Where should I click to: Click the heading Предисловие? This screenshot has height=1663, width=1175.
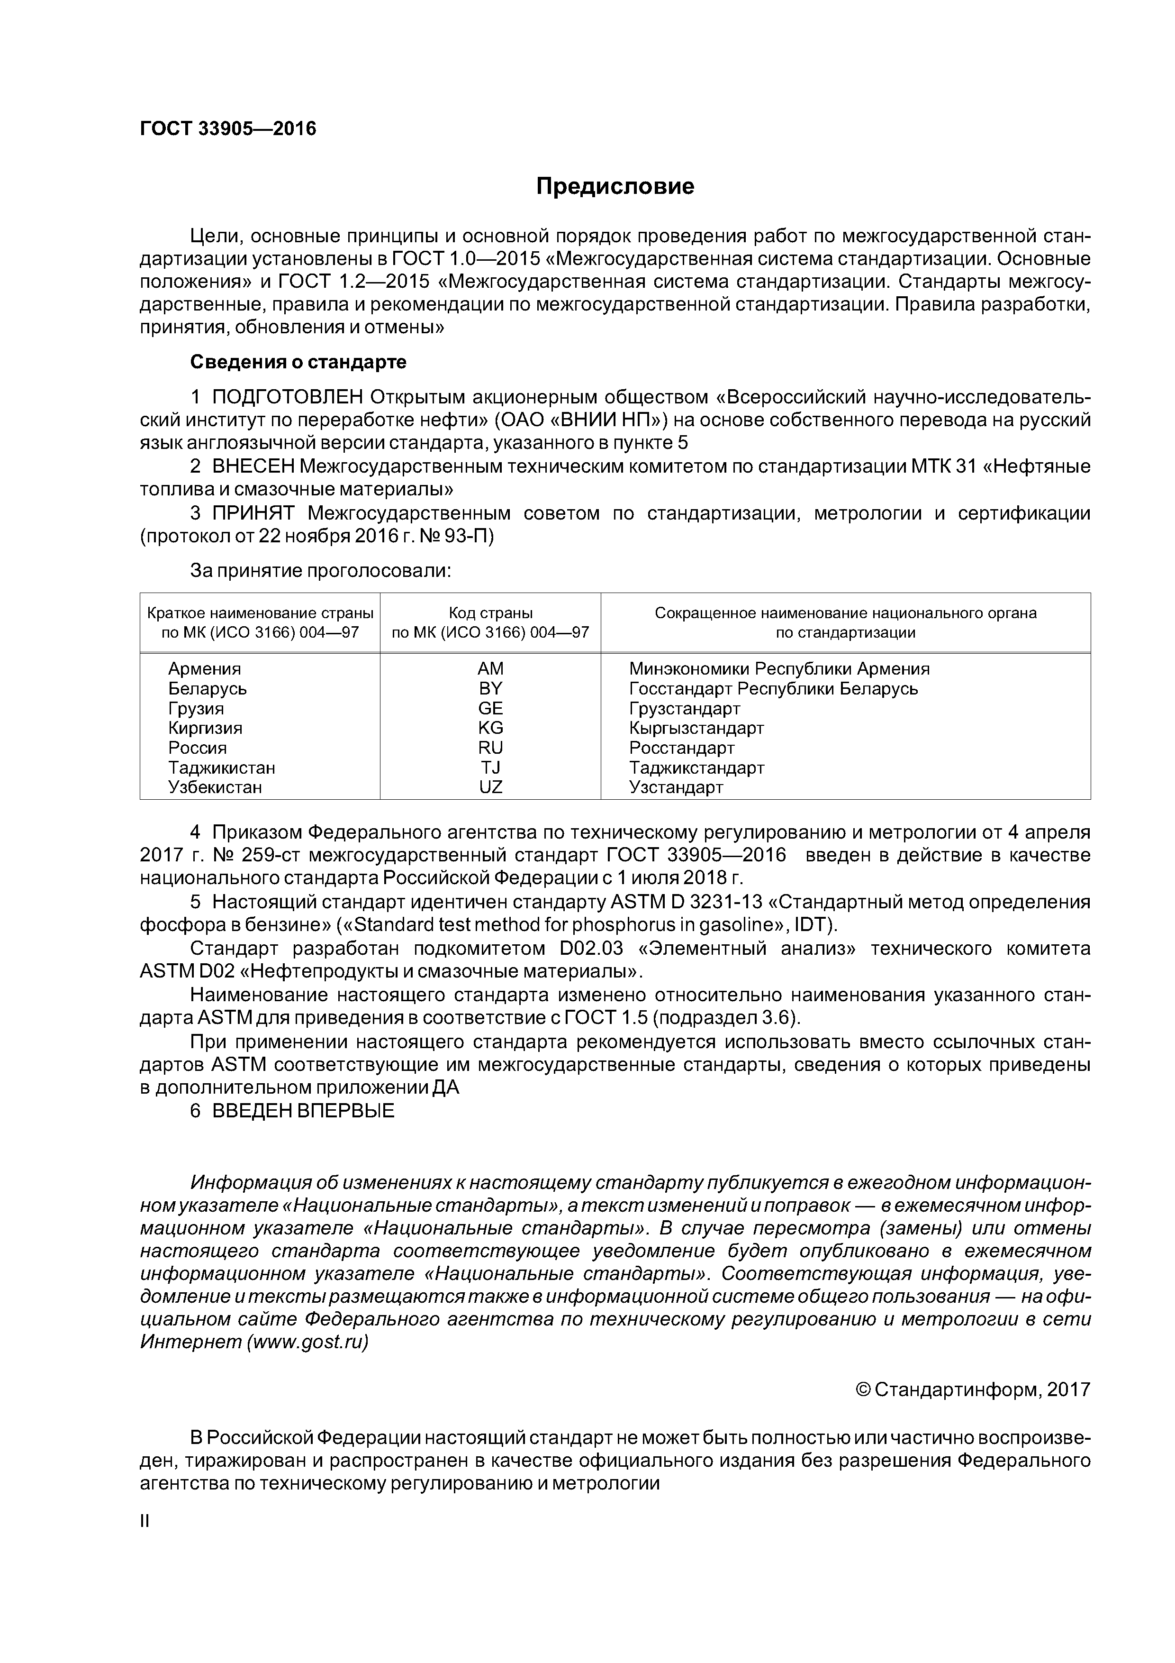click(615, 187)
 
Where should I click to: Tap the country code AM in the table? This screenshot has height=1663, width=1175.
click(490, 668)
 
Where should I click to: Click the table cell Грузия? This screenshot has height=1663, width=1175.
click(196, 708)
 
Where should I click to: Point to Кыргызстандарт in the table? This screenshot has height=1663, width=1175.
click(696, 728)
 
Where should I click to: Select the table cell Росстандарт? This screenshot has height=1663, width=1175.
click(681, 748)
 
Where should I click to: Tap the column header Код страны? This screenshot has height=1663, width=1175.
click(490, 613)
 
